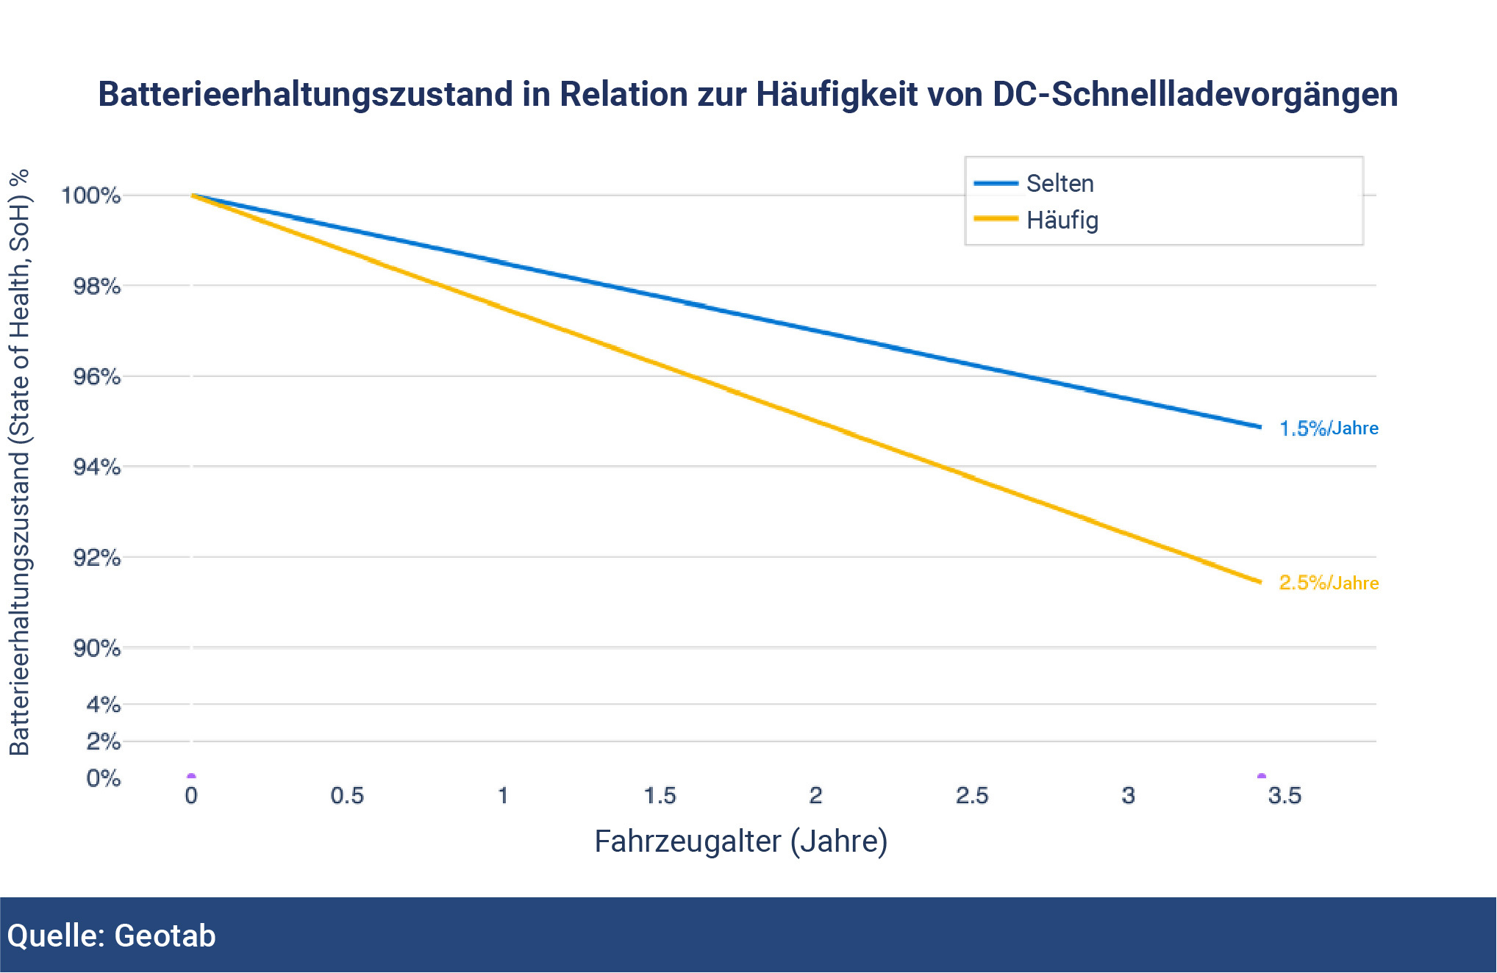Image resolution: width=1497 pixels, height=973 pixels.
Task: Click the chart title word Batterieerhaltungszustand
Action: [x=305, y=95]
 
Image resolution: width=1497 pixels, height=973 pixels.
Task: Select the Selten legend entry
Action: [x=1060, y=184]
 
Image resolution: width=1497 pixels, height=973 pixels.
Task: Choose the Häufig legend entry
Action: [x=1062, y=220]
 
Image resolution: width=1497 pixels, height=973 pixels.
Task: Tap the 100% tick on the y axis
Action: [x=91, y=195]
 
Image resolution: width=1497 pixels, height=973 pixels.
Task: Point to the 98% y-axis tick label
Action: [x=97, y=286]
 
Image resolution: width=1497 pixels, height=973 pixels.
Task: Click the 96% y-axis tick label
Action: [x=97, y=377]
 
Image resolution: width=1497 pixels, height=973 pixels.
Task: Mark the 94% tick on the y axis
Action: [x=97, y=467]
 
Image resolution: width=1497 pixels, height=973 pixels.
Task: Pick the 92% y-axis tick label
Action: [x=97, y=558]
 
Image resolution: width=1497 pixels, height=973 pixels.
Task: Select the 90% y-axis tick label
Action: [x=97, y=648]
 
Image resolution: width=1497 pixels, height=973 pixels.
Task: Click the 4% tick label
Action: [x=104, y=705]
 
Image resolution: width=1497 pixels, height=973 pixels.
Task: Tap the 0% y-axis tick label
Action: [x=104, y=778]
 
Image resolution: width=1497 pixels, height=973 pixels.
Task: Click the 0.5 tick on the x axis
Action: [x=347, y=796]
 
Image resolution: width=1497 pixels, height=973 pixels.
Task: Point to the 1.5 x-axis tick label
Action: [x=660, y=796]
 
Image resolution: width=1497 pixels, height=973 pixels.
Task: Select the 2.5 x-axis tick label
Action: [x=972, y=796]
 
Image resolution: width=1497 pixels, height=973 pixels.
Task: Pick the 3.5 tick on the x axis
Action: [x=1285, y=796]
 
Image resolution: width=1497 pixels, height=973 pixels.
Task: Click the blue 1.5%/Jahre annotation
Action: [x=1329, y=428]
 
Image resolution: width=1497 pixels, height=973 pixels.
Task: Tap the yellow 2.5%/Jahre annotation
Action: [x=1329, y=583]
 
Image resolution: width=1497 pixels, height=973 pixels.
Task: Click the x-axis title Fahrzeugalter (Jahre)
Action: [x=741, y=841]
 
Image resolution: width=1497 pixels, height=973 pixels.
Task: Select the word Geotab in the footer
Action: [x=165, y=936]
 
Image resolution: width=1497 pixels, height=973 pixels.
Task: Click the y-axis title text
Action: [x=20, y=463]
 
